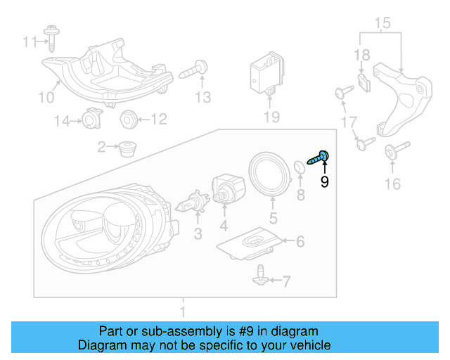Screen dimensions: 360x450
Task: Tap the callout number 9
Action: click(x=324, y=183)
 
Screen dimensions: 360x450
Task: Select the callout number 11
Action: click(x=29, y=42)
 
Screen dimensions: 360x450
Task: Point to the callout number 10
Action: click(x=44, y=96)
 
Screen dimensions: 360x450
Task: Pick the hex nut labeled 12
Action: click(x=127, y=119)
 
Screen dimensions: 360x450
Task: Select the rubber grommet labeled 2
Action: click(x=127, y=148)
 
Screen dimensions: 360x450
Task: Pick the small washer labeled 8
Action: click(x=298, y=167)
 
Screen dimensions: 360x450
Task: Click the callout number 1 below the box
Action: click(x=183, y=310)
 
